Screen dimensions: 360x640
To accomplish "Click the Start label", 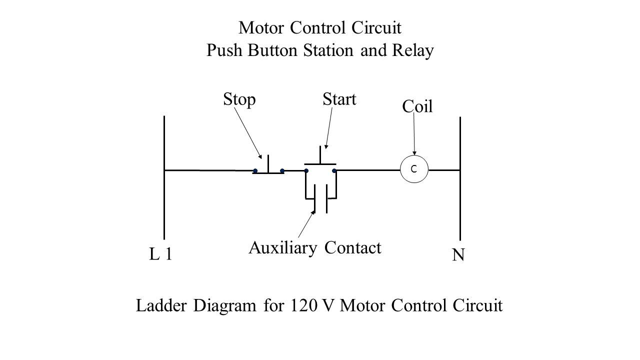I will coord(339,100).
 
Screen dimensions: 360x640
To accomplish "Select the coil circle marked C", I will coord(414,170).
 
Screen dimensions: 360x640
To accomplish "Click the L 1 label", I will coord(161,255).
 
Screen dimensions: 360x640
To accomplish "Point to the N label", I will coord(458,256).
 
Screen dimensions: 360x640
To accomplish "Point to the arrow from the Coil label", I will coord(414,135).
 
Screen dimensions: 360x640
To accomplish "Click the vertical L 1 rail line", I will coord(164,200).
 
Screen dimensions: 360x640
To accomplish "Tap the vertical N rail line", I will coord(460,200).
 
